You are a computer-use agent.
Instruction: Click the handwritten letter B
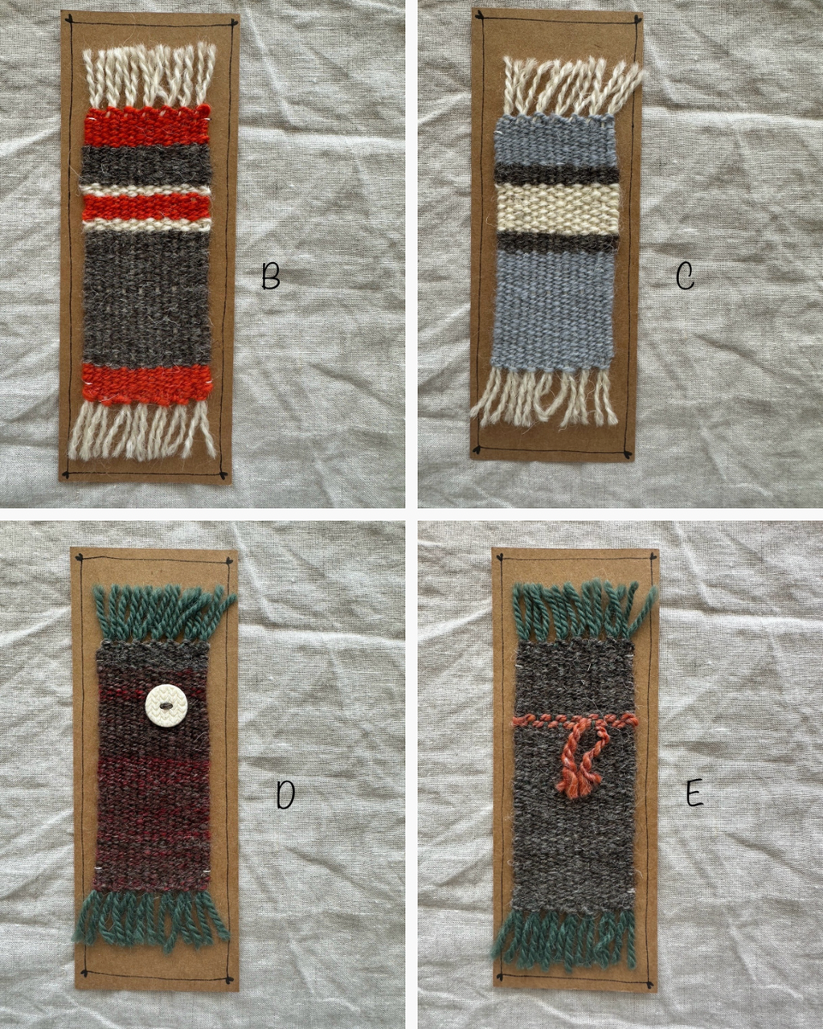pos(271,277)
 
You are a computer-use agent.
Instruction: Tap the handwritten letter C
pos(686,277)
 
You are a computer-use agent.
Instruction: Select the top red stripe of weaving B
pos(147,127)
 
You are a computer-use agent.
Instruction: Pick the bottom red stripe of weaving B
pos(146,385)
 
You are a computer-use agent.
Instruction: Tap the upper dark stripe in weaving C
pos(557,174)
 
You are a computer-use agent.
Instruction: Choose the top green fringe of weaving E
pos(583,609)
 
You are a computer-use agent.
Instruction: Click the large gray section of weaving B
pos(147,297)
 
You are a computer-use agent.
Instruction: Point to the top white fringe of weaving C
pos(571,87)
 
